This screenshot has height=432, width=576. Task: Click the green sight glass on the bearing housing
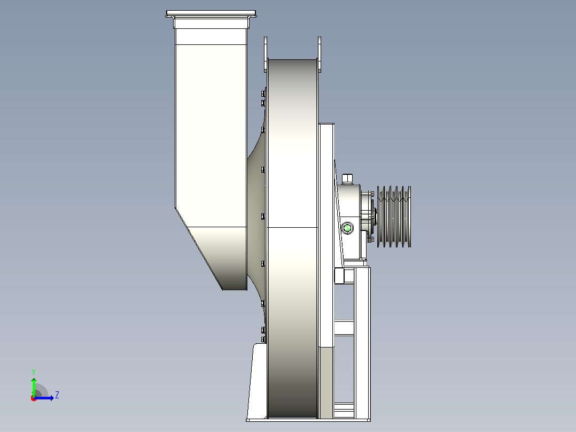click(347, 228)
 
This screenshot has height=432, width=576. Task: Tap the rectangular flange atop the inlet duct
click(211, 14)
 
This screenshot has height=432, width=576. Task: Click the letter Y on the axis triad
click(34, 372)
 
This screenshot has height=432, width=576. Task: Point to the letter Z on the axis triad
click(57, 395)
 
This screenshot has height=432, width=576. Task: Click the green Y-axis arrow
click(34, 387)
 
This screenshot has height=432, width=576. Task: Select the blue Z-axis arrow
click(44, 398)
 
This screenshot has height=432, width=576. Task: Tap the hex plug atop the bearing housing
click(347, 179)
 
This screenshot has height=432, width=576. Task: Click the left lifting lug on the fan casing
click(266, 54)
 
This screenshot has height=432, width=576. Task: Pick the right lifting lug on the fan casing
click(319, 54)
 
